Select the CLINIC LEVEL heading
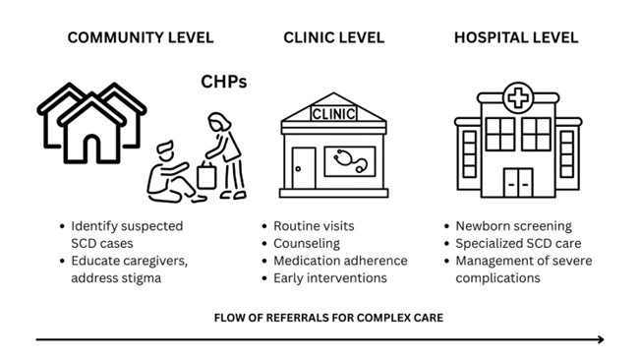coord(333,38)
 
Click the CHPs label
coord(223,82)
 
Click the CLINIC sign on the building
coord(333,113)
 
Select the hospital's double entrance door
coord(517,181)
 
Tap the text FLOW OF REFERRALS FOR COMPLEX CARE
coord(326,317)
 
